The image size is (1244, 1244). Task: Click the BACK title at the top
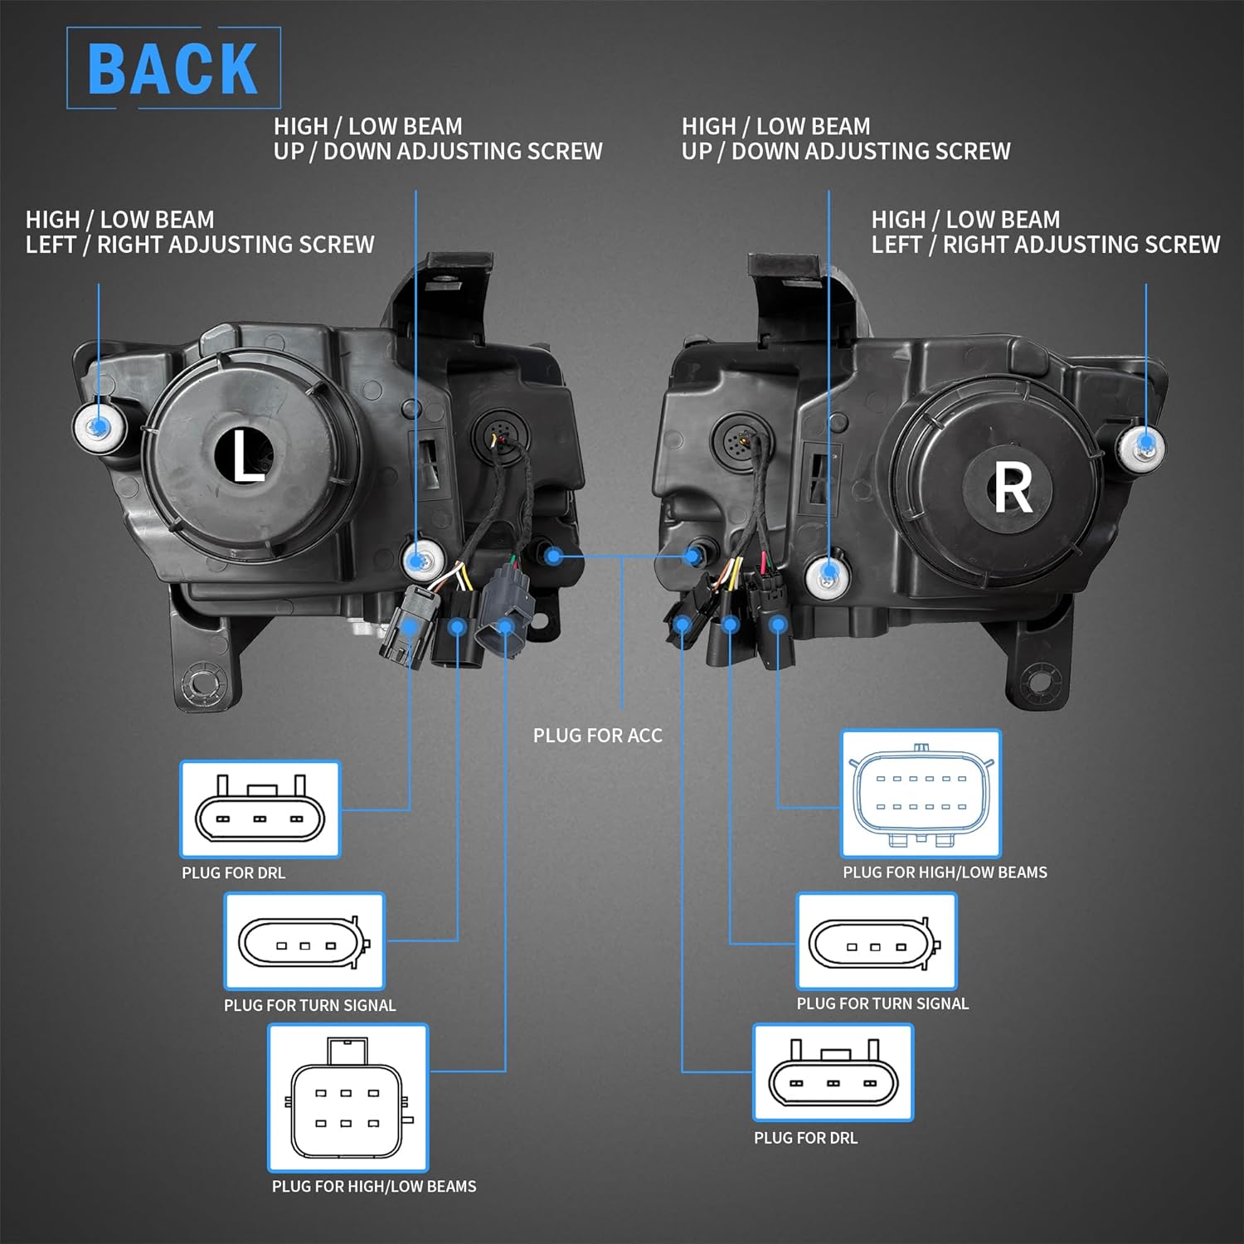click(x=173, y=68)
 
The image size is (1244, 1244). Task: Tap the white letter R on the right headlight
click(x=1012, y=488)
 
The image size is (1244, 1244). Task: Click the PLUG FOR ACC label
click(x=597, y=736)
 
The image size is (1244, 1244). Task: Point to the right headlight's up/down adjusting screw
click(x=827, y=572)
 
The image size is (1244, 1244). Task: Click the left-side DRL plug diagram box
click(x=260, y=809)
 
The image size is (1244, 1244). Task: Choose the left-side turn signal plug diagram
click(x=304, y=941)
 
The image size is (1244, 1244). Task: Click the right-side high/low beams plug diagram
click(x=921, y=794)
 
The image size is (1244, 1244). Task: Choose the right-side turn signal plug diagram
click(x=877, y=941)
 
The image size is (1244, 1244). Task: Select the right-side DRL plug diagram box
click(x=833, y=1072)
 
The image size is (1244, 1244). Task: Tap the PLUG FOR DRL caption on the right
click(x=805, y=1138)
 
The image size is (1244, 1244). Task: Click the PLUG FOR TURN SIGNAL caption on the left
click(x=309, y=1005)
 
